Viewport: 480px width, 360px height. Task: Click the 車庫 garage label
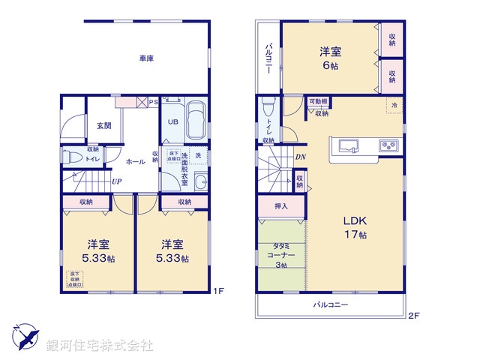[x=145, y=58]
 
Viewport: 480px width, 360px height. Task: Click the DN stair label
[x=300, y=157]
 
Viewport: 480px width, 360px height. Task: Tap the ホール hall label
[x=135, y=161]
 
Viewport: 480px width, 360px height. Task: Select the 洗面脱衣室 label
[x=184, y=169]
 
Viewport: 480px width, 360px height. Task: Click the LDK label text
[x=355, y=221]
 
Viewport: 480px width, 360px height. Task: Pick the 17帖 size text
[x=356, y=235]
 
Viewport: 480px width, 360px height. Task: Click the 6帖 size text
[x=331, y=66]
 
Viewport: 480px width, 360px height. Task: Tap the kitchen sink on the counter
[x=350, y=145]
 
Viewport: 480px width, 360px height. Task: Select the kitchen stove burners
[x=388, y=145]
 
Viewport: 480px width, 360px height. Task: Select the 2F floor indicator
[x=415, y=316]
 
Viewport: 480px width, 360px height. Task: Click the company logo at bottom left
[x=26, y=338]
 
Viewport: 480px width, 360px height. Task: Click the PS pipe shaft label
[x=154, y=102]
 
